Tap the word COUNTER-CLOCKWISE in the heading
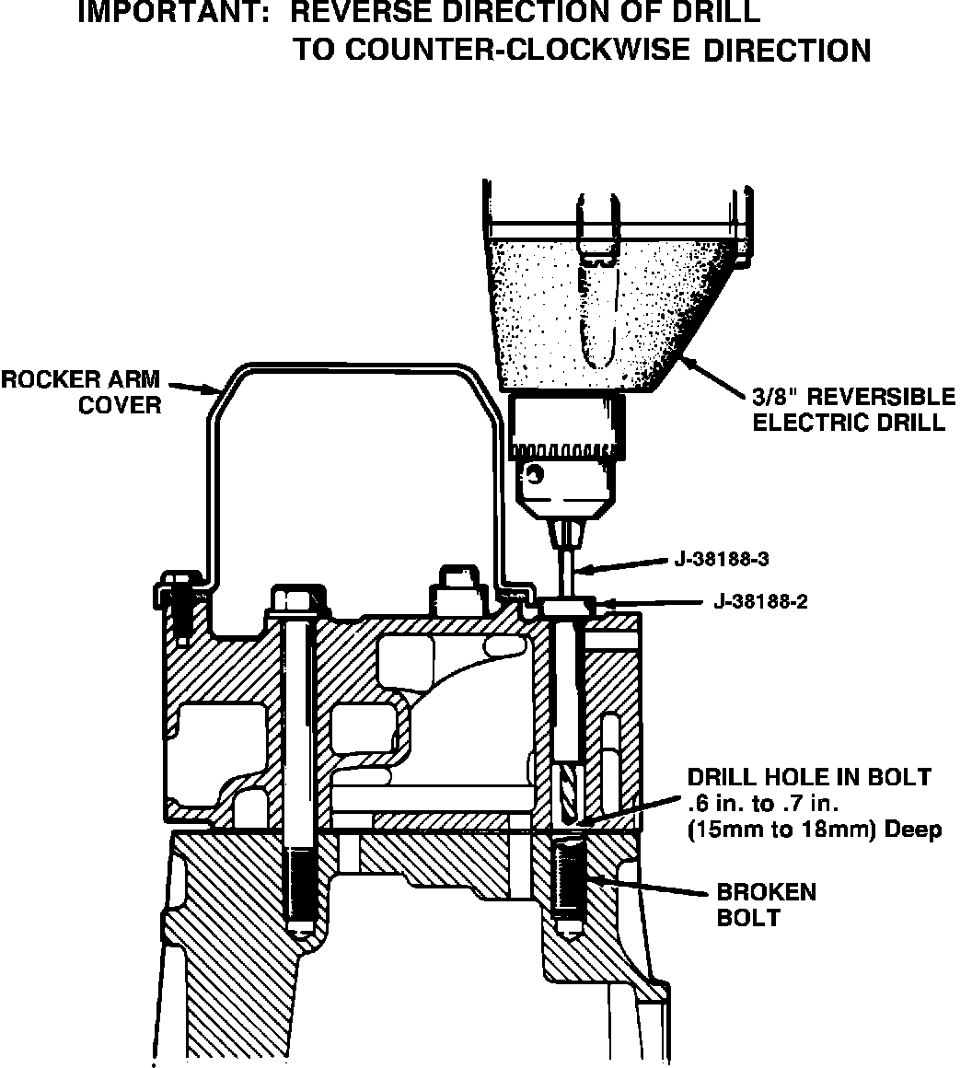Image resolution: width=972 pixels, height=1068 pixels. point(491,50)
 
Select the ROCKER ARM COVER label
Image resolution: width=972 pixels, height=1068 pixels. point(81,391)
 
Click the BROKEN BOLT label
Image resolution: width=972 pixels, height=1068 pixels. point(766,904)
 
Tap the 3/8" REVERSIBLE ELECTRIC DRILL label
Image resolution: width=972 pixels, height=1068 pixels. point(853,410)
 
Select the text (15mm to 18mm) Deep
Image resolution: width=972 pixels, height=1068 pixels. point(815,830)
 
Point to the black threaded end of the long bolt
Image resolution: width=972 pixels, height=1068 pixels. point(299,888)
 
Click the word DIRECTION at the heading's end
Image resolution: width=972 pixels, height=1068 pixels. point(787,50)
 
